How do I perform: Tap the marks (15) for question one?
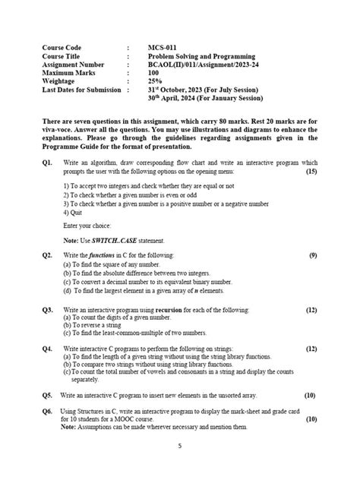(x=311, y=172)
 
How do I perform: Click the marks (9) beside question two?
(x=312, y=255)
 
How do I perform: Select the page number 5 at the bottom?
(x=179, y=447)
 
